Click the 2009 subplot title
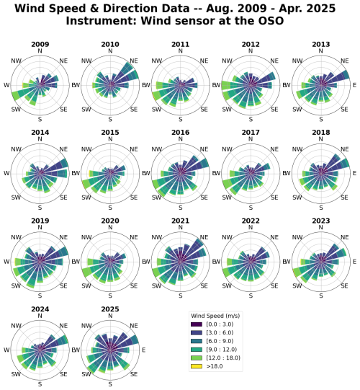tap(40, 45)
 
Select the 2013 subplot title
tap(321, 45)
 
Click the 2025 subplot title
tap(109, 309)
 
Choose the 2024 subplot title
tap(40, 309)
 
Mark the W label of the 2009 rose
tap(6, 85)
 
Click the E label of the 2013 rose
tap(354, 85)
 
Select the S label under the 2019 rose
tap(40, 295)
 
